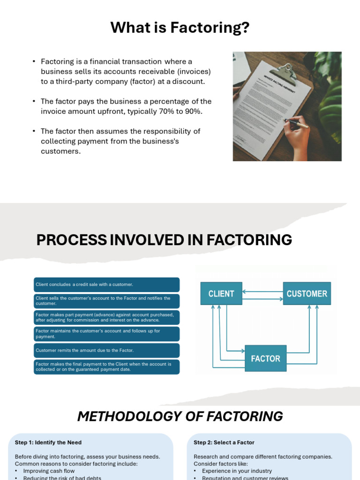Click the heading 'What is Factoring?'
180,28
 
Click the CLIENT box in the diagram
221,293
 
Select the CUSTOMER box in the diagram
307,293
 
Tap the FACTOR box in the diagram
265,359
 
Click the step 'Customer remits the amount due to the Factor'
107,350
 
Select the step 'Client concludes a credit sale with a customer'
107,285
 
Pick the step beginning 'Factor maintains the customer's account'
107,334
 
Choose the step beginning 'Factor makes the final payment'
107,367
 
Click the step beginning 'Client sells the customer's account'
107,301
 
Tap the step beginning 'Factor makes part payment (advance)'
107,317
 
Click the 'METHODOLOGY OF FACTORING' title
180,416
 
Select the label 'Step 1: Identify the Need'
48,442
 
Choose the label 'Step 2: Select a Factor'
224,442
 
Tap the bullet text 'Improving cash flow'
49,471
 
